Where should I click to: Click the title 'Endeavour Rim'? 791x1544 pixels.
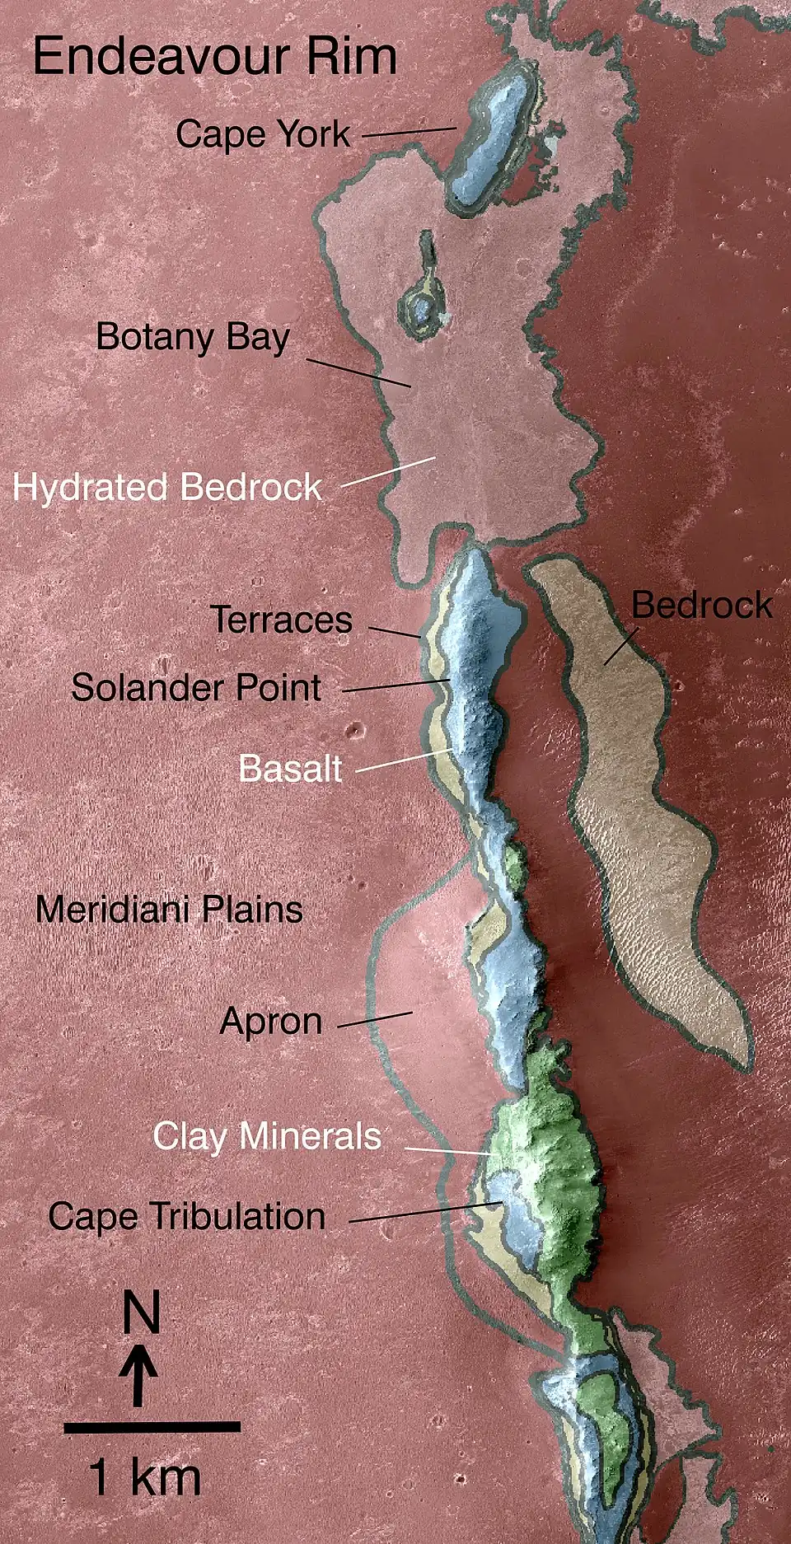214,57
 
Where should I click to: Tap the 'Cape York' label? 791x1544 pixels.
263,134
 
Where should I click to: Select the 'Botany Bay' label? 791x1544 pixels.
193,338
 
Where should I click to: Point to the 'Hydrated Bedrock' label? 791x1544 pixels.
167,487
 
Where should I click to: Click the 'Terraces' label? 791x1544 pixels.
282,620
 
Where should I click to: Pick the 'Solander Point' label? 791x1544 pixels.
196,688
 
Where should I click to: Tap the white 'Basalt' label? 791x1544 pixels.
290,769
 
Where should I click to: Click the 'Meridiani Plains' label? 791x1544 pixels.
169,910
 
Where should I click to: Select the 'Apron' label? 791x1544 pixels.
271,1022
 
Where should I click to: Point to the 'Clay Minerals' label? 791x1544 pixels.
267,1137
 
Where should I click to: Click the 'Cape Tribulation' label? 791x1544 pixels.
187,1217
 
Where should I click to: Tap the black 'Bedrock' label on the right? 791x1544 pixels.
702,606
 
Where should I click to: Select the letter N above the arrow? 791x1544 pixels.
141,1312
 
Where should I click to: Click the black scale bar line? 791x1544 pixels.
152,1426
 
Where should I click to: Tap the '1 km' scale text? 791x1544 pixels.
145,1476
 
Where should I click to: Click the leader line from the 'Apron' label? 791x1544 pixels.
375,1020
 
